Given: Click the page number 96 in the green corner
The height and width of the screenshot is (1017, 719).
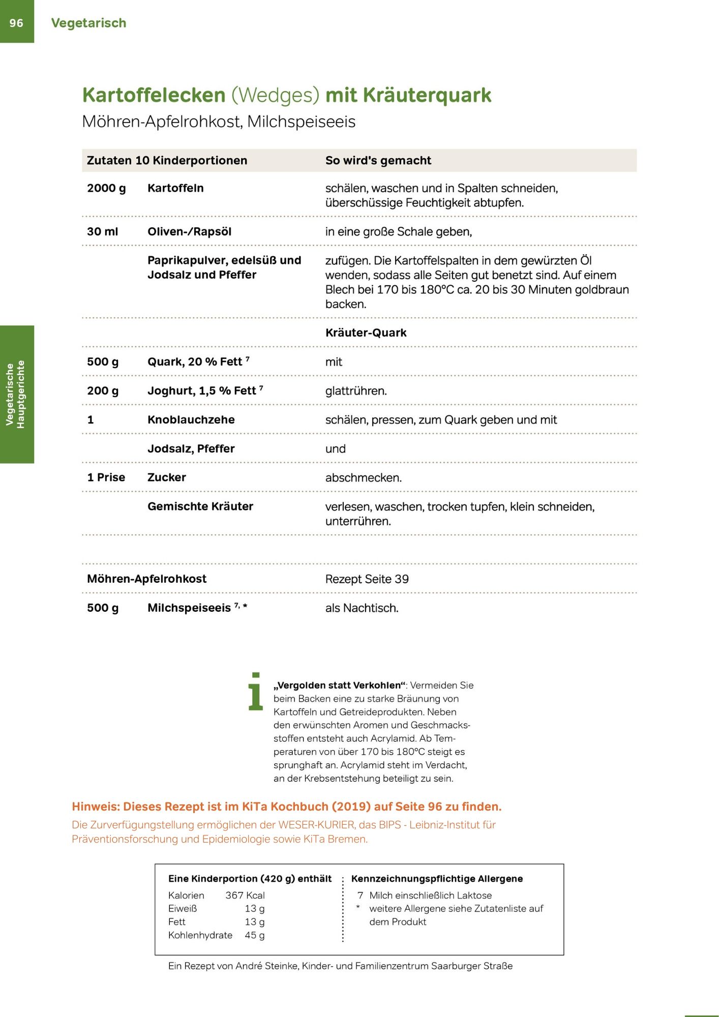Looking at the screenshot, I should click(16, 23).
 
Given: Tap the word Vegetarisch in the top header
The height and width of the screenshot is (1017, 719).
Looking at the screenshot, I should click(88, 23).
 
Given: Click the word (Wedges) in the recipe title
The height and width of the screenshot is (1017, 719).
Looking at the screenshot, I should click(275, 95).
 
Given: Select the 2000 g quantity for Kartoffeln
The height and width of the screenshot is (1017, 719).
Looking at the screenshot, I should click(106, 188).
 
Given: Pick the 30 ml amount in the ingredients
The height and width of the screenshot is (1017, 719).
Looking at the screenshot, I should click(102, 232).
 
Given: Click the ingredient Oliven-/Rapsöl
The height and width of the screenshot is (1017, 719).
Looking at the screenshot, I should click(189, 232).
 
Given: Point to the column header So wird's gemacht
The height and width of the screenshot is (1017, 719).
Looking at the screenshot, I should click(378, 161).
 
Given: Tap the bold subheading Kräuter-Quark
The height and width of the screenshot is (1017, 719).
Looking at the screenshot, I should click(366, 333).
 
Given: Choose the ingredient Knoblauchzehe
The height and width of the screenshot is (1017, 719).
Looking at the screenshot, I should click(191, 420).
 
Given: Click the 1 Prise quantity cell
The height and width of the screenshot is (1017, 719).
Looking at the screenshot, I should click(106, 477).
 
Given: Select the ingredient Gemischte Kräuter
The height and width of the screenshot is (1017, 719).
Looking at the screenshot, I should click(200, 506).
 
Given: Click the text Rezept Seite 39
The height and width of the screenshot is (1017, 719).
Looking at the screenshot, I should click(367, 579).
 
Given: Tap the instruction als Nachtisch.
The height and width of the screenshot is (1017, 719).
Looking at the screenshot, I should click(362, 608).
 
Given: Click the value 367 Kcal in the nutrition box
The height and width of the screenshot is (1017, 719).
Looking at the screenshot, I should click(245, 895).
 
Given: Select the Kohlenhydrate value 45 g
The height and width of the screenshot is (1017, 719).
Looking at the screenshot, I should click(254, 935).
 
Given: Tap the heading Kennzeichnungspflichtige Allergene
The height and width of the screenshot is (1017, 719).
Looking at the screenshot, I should click(437, 879).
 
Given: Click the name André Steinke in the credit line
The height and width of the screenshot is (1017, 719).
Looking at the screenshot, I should click(266, 966).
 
